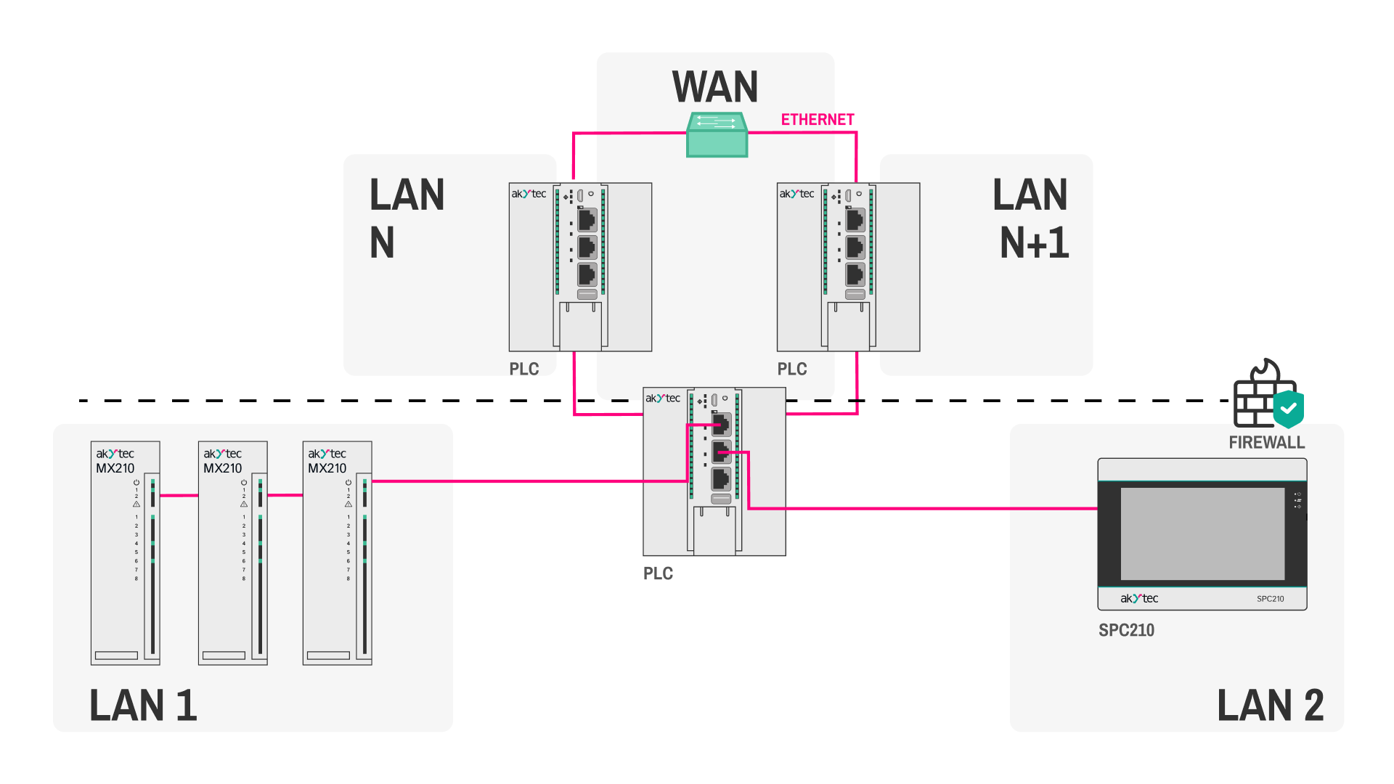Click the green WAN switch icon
pyautogui.click(x=717, y=135)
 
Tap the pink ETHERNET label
pyautogui.click(x=818, y=120)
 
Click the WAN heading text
pyautogui.click(x=715, y=87)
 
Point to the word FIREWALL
pyautogui.click(x=1266, y=442)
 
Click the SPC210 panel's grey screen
pyautogui.click(x=1202, y=534)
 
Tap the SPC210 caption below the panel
pyautogui.click(x=1126, y=630)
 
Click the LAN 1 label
pyautogui.click(x=143, y=706)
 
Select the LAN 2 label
pyautogui.click(x=1270, y=706)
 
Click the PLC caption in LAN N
pyautogui.click(x=523, y=369)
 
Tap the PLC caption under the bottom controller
pyautogui.click(x=658, y=573)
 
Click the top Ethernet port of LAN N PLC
pyautogui.click(x=587, y=219)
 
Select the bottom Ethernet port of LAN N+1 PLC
pyautogui.click(x=855, y=274)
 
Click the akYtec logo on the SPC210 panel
pyautogui.click(x=1139, y=598)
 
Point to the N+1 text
pyautogui.click(x=1034, y=242)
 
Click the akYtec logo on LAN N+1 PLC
pyautogui.click(x=796, y=194)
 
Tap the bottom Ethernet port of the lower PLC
pyautogui.click(x=721, y=479)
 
